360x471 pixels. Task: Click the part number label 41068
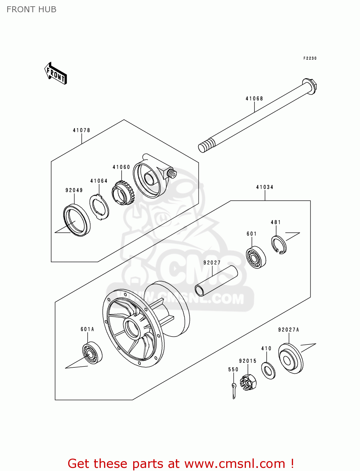coord(254,99)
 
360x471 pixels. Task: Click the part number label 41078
coord(81,130)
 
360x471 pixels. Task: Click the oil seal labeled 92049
coord(77,220)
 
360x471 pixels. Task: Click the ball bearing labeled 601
coord(256,257)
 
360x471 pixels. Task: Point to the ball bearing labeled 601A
coord(92,353)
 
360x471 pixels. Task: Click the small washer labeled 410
coord(268,371)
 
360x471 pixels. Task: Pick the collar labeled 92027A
coord(291,359)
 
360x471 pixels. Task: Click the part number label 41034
coord(265,187)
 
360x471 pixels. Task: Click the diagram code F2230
coord(310,58)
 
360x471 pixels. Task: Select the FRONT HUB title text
coord(31,9)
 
